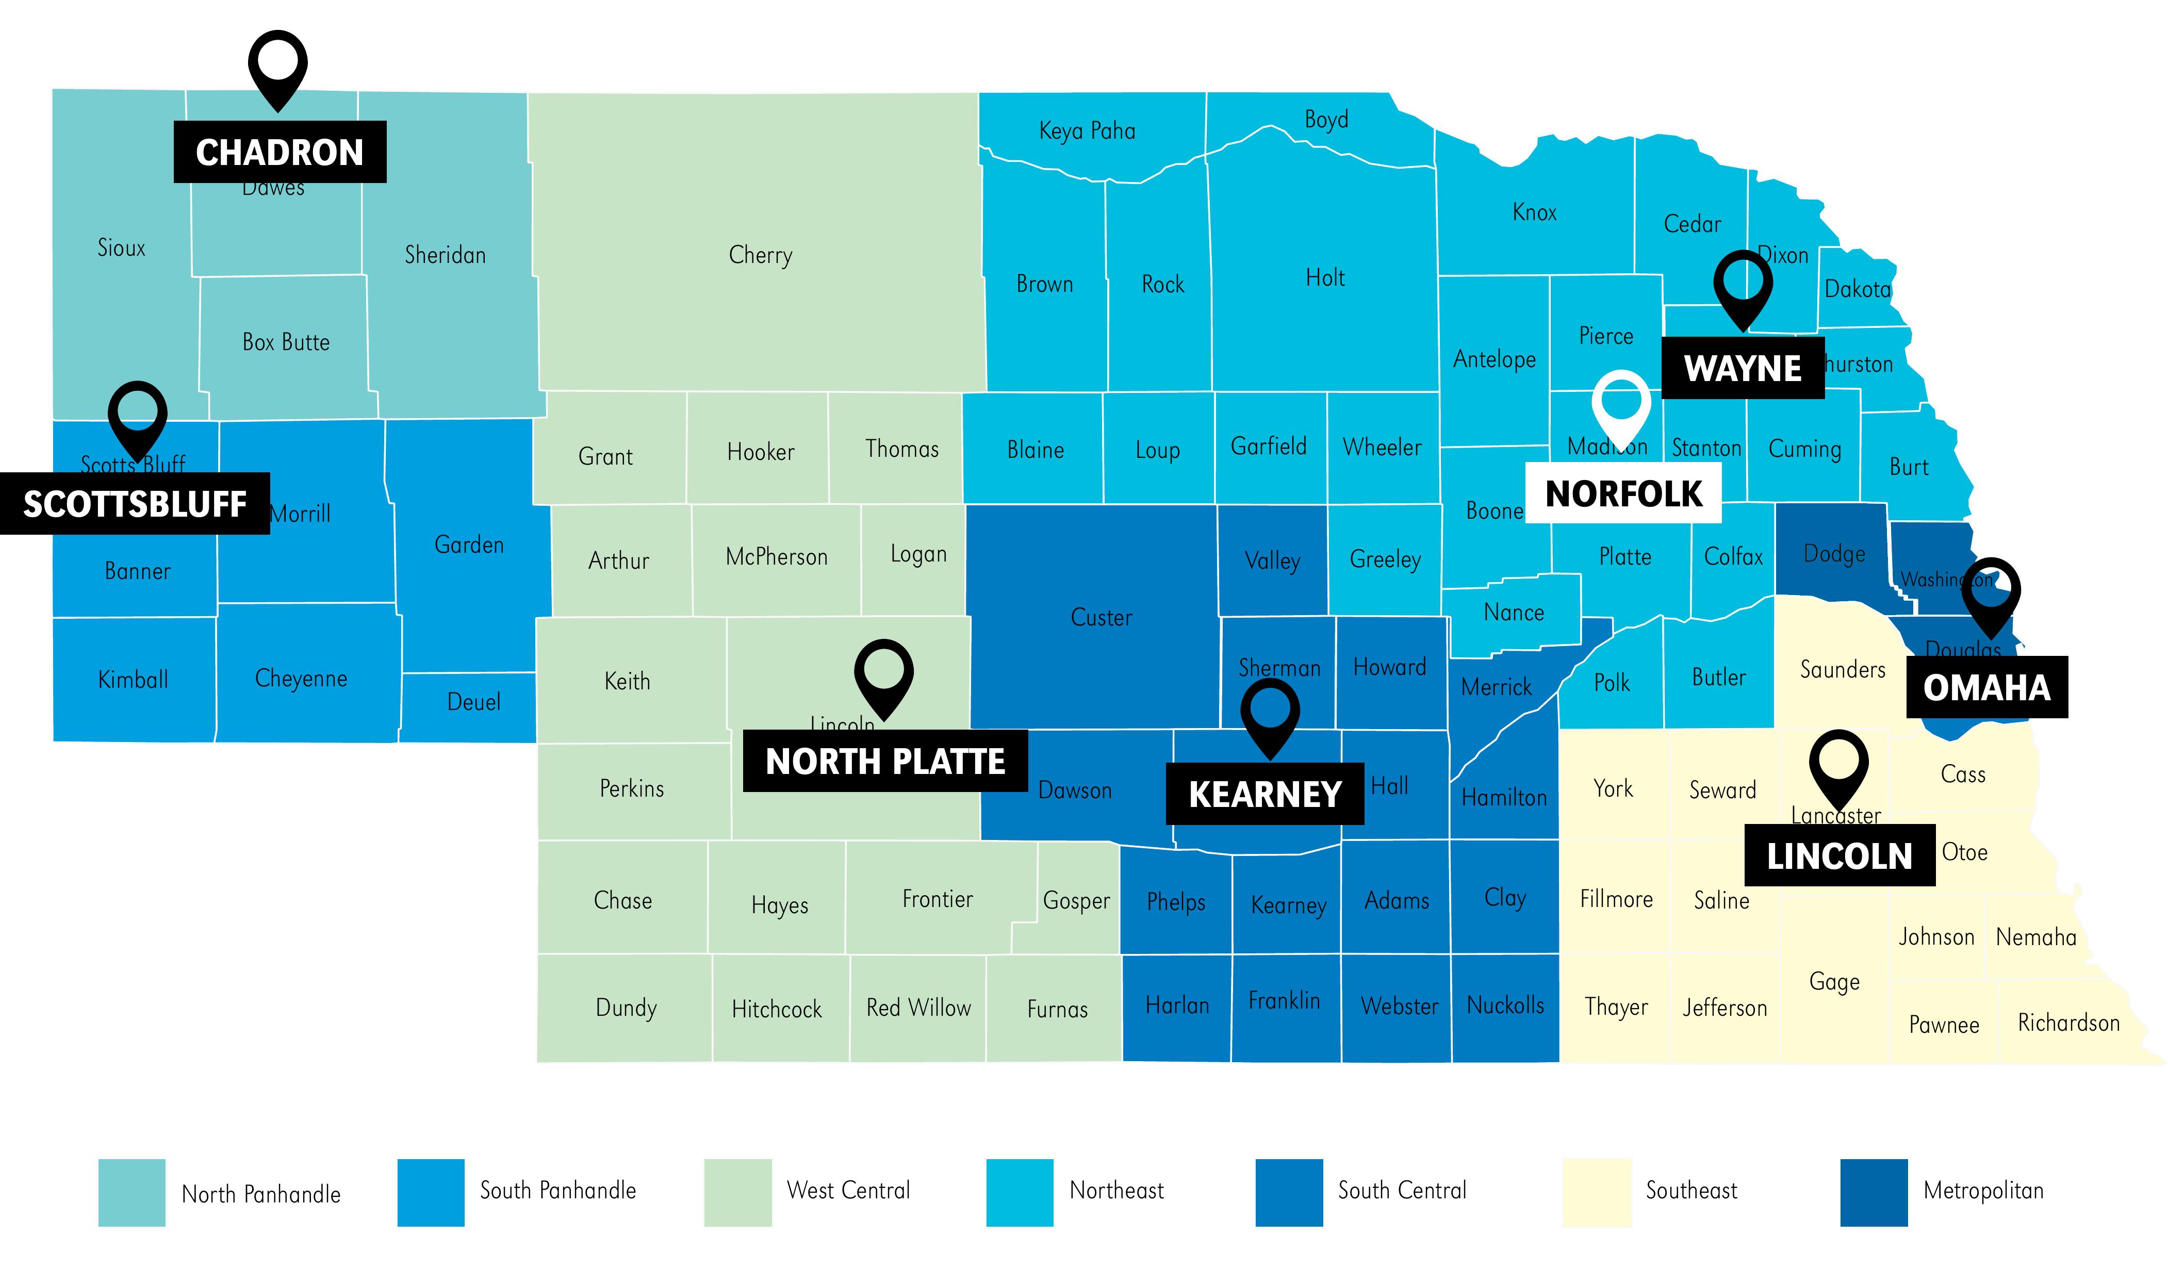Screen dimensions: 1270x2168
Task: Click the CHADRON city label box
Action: [x=280, y=152]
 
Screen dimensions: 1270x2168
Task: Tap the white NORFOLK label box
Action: [x=1623, y=493]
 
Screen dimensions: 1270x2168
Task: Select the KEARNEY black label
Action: [x=1264, y=794]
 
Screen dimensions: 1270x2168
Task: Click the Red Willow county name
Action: [x=918, y=1008]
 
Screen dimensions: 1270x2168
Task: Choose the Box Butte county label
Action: [x=286, y=342]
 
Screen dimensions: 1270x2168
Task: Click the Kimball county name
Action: [x=134, y=679]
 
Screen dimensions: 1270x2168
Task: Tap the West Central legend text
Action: [x=848, y=1190]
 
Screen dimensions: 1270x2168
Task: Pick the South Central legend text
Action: [x=1402, y=1190]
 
